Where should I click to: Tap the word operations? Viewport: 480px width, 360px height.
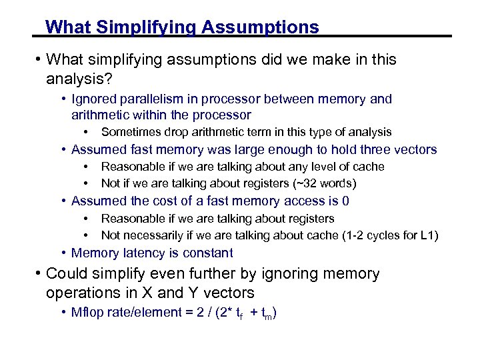coord(82,293)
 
